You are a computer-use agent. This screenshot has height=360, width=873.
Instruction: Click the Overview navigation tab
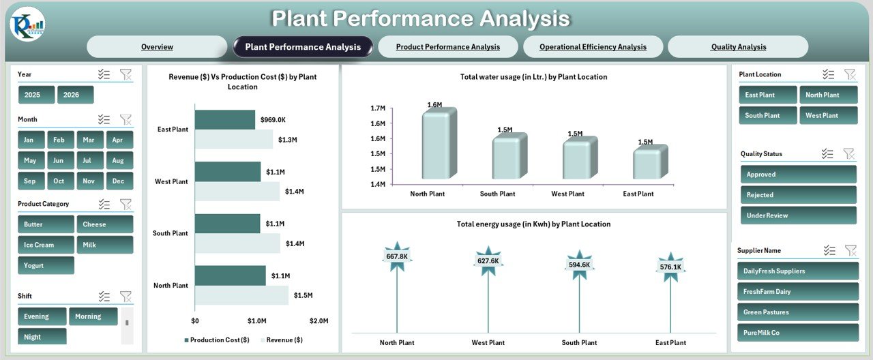point(157,47)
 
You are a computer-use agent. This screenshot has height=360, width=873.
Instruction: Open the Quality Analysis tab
point(738,47)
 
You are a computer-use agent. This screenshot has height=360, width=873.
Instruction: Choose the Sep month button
point(31,181)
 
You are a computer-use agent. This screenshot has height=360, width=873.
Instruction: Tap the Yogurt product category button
point(46,265)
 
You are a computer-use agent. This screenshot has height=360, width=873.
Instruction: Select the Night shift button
point(42,337)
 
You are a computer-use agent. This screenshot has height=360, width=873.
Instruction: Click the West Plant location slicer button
point(828,115)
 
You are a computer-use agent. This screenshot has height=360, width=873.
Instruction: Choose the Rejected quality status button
point(798,195)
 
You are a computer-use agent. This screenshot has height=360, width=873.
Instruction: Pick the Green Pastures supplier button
point(798,312)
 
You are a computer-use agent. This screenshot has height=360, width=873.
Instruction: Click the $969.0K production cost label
point(273,120)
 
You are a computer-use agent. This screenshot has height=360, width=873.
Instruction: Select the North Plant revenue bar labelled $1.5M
point(241,295)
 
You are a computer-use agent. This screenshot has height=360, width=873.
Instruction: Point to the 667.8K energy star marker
point(396,256)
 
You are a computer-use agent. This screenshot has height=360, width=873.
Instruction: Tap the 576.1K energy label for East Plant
point(670,267)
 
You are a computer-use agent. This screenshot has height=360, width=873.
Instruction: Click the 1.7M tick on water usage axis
point(378,108)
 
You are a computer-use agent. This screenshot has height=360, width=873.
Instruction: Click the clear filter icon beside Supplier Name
point(850,251)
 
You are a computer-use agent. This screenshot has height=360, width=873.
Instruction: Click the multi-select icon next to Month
point(104,119)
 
